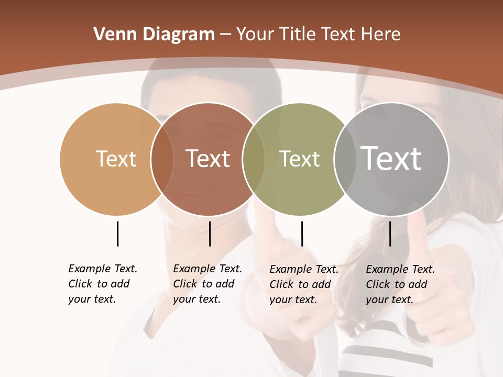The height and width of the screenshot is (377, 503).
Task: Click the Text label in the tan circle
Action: point(116,159)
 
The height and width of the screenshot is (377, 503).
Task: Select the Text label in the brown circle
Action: point(207,159)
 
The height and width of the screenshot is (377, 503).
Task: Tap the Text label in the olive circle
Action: point(299,159)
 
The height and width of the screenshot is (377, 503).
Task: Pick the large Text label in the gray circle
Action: point(391,158)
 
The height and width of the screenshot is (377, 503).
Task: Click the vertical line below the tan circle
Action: point(117,234)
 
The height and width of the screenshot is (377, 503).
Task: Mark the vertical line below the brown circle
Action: point(210,234)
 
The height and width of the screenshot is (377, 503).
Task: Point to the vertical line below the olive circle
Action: point(302,234)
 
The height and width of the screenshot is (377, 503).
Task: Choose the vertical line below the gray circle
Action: point(390,234)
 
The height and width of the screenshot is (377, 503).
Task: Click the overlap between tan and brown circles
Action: point(162,159)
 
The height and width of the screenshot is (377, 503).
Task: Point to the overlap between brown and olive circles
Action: point(254,159)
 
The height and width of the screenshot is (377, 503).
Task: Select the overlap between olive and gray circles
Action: point(344,159)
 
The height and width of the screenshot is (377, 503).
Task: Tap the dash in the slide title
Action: point(225,35)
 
